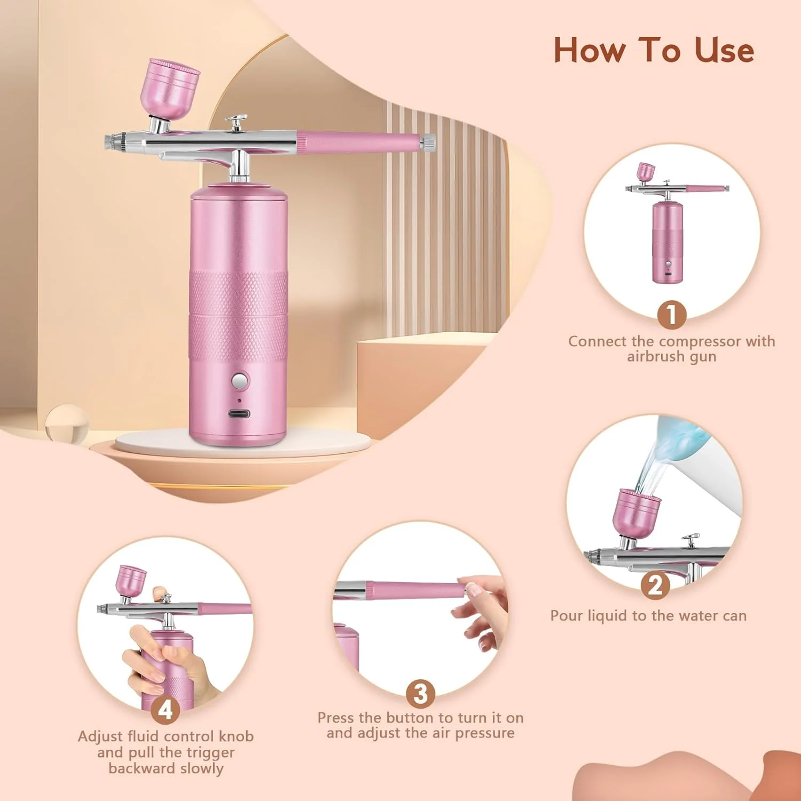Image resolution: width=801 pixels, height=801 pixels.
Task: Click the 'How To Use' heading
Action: [654, 50]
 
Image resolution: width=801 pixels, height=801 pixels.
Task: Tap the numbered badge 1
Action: [671, 315]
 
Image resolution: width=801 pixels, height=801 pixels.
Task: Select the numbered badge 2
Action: [655, 585]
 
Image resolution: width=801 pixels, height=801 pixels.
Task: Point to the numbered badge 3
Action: [420, 694]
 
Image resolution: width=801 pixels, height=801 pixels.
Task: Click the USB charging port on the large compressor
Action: [239, 414]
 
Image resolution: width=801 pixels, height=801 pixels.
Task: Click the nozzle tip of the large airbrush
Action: [110, 141]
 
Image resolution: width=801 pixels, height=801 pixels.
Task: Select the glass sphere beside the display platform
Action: [67, 425]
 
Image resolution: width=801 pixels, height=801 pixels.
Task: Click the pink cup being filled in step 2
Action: [636, 513]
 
